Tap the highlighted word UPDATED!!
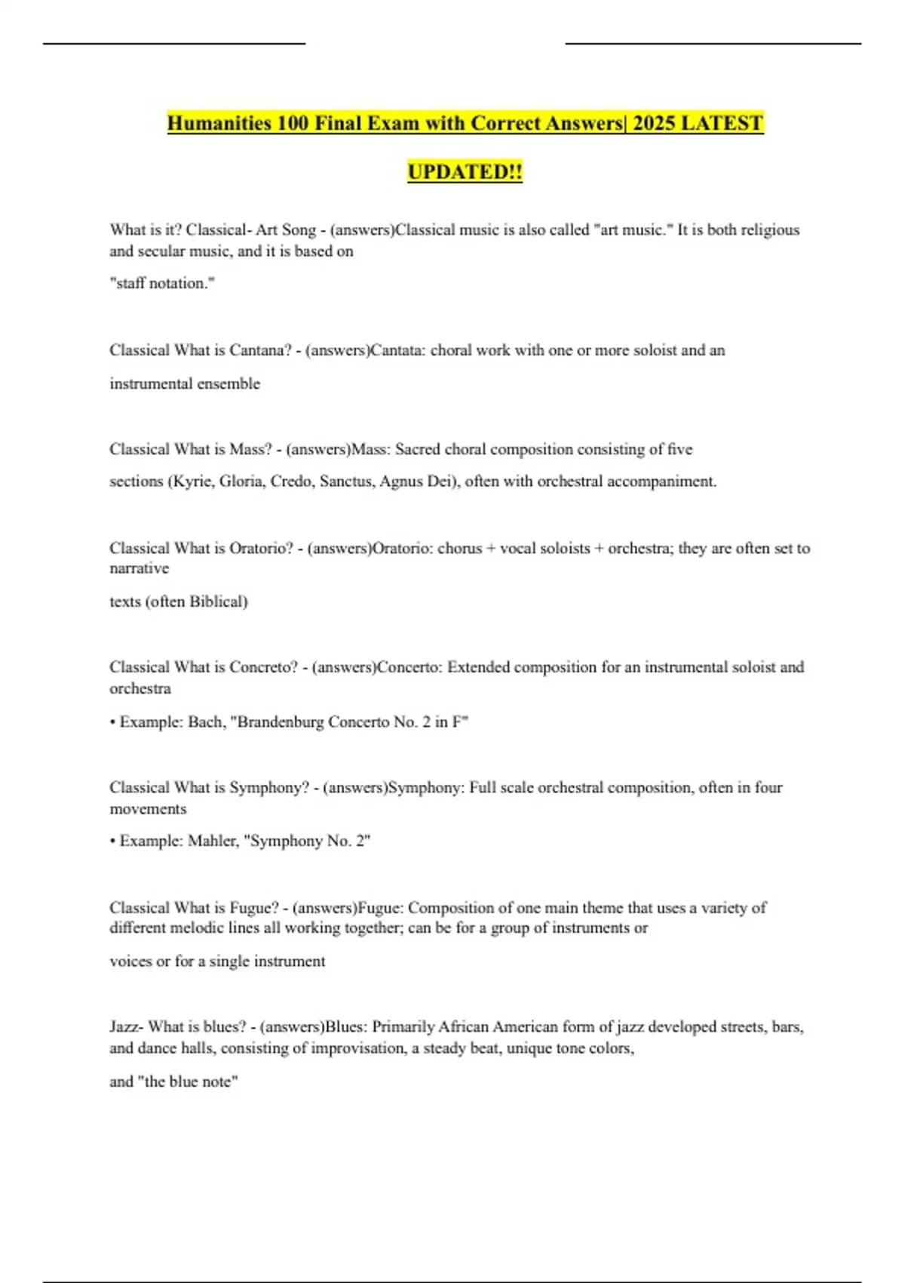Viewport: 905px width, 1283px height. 465,172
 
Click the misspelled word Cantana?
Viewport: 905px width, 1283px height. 260,350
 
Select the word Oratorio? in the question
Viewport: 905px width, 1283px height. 261,549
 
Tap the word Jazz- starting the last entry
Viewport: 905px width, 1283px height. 127,1027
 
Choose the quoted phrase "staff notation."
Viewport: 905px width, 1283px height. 162,284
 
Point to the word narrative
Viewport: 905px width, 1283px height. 140,568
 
